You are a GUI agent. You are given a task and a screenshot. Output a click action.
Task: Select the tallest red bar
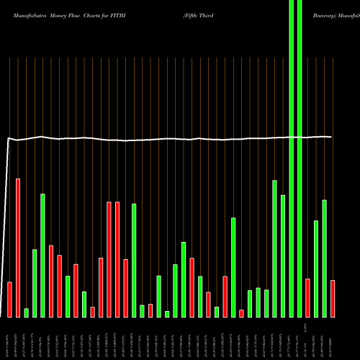pos(18,248)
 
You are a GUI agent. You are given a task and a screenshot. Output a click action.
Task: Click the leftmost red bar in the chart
pos(9,299)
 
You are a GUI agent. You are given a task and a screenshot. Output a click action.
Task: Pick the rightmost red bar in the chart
pos(333,298)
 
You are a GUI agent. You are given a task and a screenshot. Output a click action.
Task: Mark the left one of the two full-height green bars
pos(291,158)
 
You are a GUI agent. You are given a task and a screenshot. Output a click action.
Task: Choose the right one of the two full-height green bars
pos(300,158)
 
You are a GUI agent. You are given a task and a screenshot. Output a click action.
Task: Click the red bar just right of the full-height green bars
pos(307,297)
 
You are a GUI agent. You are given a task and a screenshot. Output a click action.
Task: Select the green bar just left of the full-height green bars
pos(283,256)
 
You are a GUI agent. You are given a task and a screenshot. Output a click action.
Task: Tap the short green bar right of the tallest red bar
pos(26,312)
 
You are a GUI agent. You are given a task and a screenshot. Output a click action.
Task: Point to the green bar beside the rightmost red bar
pos(324,258)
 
